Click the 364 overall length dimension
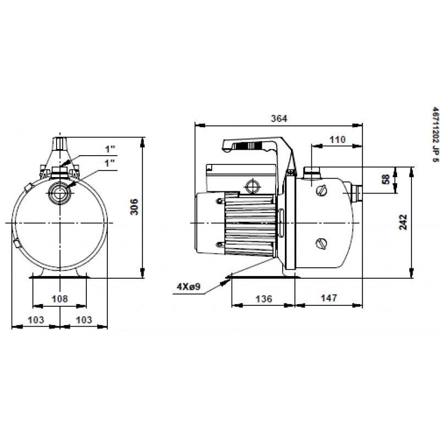tap(279, 119)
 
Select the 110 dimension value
tap(337, 140)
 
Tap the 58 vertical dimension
tap(387, 179)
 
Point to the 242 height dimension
tap(403, 222)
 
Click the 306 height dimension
tap(135, 207)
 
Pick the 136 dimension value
tap(264, 299)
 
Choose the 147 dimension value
tap(328, 298)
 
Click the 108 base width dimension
tap(60, 299)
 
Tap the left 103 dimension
tap(36, 320)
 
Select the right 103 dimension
tap(84, 320)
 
